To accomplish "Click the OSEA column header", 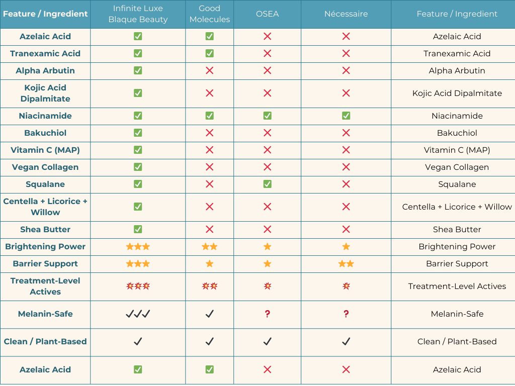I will (x=267, y=14).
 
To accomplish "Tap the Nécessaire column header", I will (x=346, y=14).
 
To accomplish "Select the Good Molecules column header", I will (x=210, y=14).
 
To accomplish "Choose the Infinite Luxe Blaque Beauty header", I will (x=138, y=14).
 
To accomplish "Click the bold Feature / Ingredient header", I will (x=45, y=14).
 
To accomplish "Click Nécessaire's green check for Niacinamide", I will (x=346, y=116).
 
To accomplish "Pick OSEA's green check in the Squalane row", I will (x=267, y=184).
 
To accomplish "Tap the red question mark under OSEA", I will (x=267, y=314).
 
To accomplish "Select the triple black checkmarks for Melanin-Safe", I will (x=138, y=314).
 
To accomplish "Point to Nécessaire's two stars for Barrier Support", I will (x=346, y=263).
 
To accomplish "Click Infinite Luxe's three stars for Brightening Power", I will (x=138, y=246).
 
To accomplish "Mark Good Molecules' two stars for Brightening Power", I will (x=210, y=246).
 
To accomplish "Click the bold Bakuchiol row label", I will (x=45, y=133).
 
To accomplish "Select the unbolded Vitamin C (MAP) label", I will (x=457, y=150).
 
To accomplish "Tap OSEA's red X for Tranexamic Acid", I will (x=267, y=53).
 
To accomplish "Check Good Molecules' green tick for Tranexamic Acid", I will (x=210, y=53).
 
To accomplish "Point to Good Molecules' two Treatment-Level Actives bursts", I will (x=210, y=286).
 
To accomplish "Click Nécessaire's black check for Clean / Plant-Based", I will (x=346, y=341).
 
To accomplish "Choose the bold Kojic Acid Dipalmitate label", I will (x=45, y=93).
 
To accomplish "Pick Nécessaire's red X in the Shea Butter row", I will (x=346, y=229).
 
